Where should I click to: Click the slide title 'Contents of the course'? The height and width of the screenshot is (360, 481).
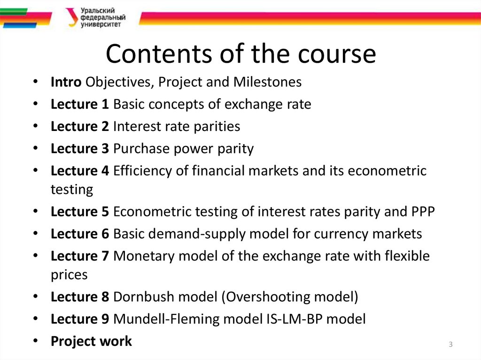[x=240, y=54]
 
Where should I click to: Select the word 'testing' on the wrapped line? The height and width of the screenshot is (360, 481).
[x=72, y=190]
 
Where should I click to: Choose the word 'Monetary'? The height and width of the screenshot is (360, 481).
[x=144, y=256]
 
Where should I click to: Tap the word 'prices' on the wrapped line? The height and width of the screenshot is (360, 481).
[x=69, y=275]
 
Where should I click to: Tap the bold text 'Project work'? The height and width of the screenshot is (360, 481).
[x=91, y=341]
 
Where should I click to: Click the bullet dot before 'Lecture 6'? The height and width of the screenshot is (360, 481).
[x=36, y=234]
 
